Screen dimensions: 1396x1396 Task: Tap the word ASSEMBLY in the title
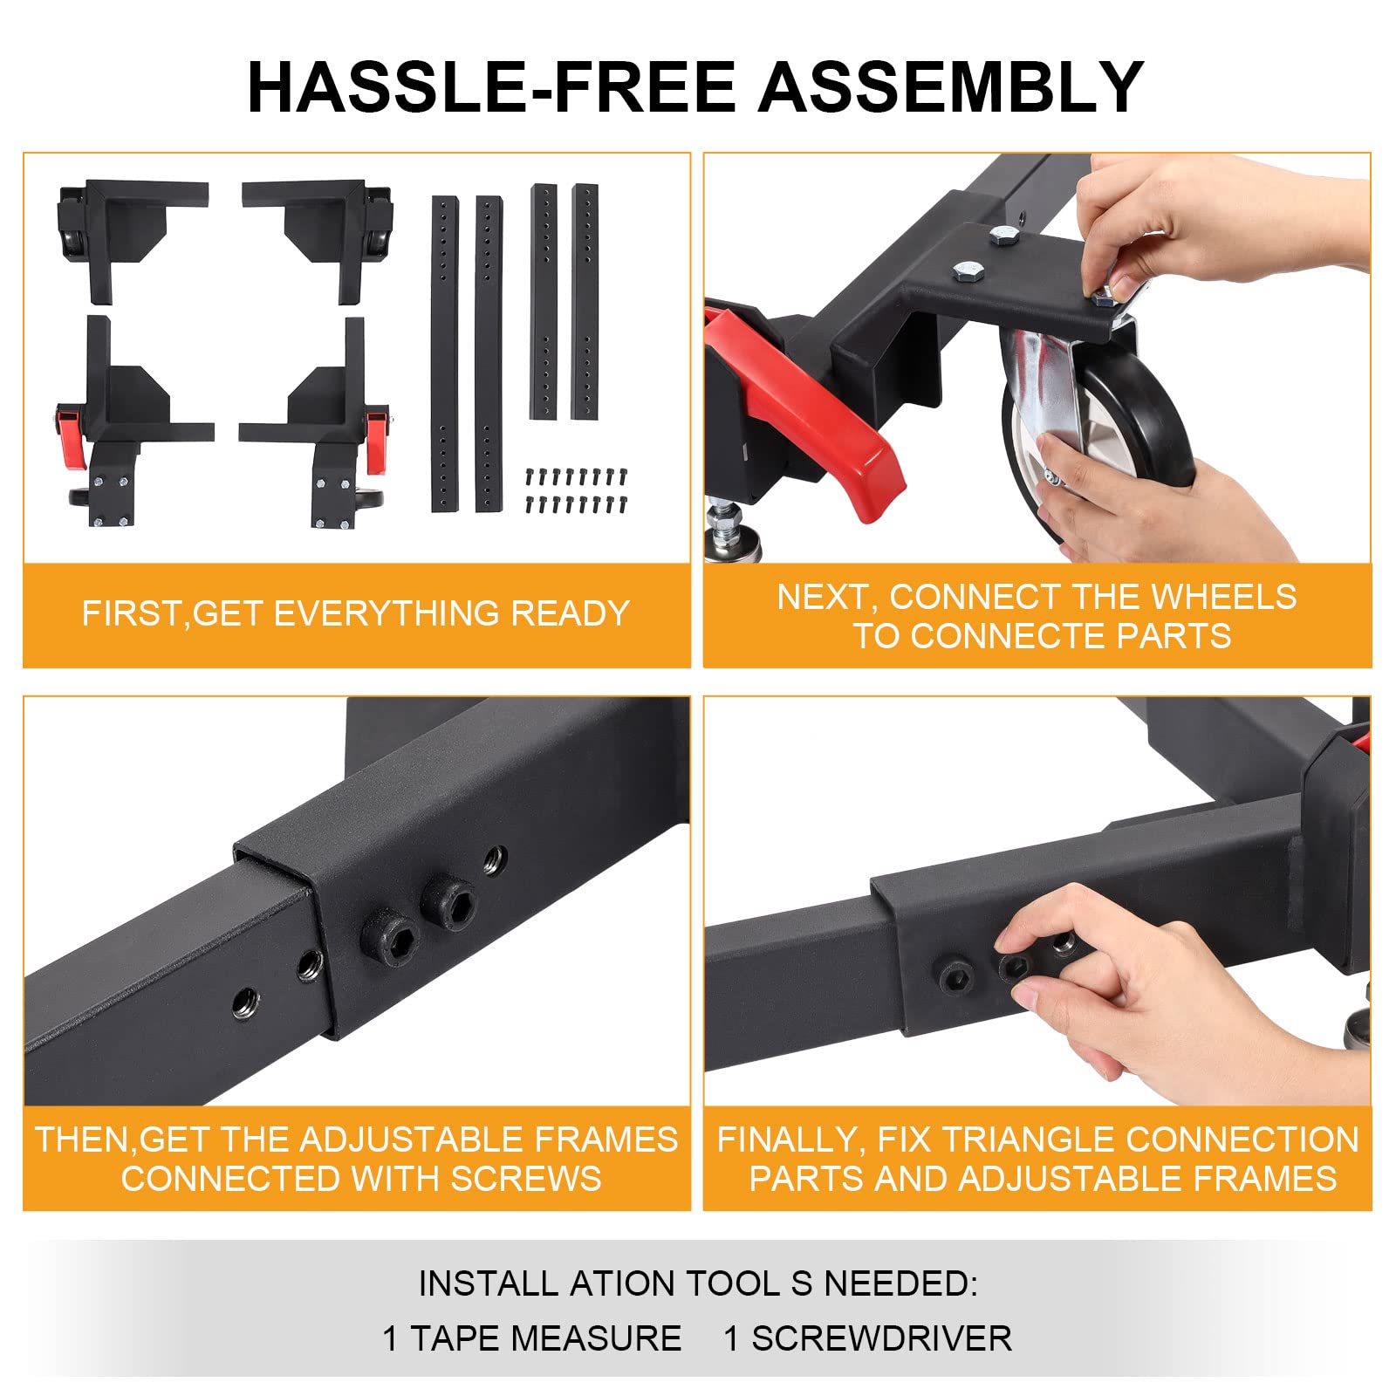click(950, 87)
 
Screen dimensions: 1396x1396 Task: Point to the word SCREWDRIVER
click(881, 1338)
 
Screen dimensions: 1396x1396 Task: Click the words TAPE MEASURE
click(545, 1338)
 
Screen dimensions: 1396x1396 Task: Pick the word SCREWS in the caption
click(526, 1179)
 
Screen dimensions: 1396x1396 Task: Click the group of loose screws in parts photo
click(576, 489)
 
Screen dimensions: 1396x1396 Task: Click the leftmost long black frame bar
click(445, 354)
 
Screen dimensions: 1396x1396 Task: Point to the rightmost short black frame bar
click(585, 302)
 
